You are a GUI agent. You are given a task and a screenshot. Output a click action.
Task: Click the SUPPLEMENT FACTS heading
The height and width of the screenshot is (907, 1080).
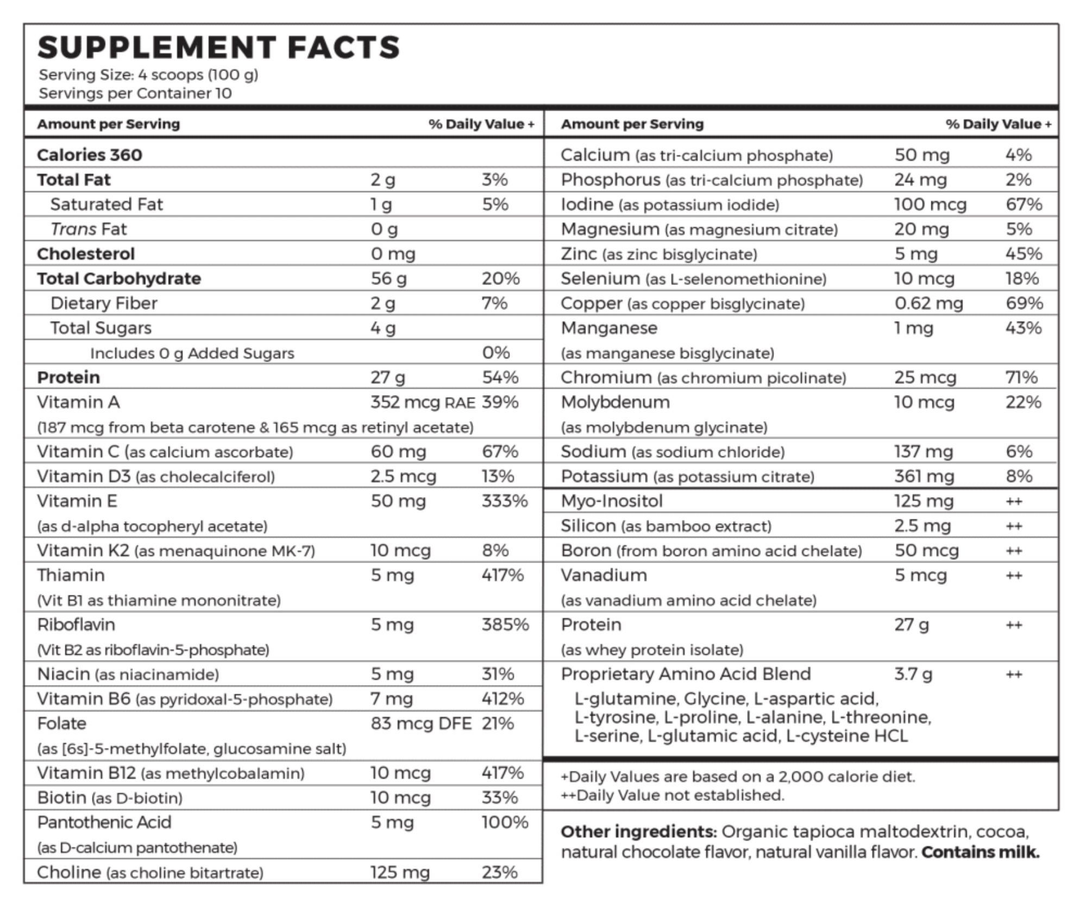(x=219, y=47)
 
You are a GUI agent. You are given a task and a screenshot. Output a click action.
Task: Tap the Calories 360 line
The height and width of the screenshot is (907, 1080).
(x=90, y=155)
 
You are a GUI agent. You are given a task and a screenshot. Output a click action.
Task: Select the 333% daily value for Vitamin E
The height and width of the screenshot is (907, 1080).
(x=505, y=501)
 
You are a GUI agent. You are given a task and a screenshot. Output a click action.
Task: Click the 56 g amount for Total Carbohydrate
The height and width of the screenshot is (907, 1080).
(x=388, y=279)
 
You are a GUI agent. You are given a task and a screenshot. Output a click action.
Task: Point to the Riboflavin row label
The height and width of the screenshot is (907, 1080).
(x=76, y=625)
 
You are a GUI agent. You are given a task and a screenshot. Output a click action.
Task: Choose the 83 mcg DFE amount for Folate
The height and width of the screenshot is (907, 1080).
(x=421, y=723)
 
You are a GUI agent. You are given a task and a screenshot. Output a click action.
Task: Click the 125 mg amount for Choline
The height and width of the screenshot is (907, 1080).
(x=400, y=873)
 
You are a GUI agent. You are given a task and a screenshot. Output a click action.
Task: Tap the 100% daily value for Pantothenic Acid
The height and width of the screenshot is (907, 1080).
(x=505, y=822)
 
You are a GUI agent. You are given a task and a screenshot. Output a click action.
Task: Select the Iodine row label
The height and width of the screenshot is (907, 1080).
(x=587, y=205)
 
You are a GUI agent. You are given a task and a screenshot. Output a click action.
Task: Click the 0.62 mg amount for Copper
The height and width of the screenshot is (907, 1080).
(x=928, y=303)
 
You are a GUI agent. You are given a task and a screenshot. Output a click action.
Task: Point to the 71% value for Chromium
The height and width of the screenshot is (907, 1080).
(x=1021, y=377)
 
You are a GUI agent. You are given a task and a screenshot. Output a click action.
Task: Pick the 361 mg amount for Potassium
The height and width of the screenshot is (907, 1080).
(x=924, y=476)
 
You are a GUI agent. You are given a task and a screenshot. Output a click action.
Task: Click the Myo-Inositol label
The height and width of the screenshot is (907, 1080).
(x=612, y=501)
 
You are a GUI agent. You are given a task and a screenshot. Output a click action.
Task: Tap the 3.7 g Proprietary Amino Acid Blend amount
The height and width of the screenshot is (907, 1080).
(x=913, y=674)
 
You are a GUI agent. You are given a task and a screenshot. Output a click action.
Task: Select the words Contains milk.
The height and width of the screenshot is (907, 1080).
(x=981, y=852)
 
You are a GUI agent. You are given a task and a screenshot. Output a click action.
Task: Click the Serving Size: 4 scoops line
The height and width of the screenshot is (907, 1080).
(x=148, y=75)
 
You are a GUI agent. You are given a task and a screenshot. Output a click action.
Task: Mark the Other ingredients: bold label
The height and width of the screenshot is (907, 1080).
(x=639, y=832)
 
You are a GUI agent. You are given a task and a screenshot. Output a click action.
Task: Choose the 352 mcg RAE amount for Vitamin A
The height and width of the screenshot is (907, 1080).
(x=423, y=402)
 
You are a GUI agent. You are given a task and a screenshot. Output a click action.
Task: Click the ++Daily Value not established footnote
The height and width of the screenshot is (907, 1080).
(x=673, y=795)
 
